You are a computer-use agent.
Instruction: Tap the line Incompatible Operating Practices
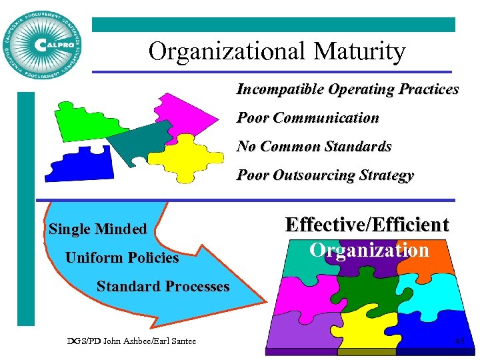point(347,89)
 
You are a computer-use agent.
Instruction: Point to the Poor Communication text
point(308,118)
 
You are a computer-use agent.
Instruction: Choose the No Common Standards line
point(314,147)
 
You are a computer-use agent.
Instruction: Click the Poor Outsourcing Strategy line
point(325,176)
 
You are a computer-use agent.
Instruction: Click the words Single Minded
point(97,229)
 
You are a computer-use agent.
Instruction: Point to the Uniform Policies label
point(122,258)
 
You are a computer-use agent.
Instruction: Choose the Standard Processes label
point(163,287)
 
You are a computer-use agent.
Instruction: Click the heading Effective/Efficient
point(367,225)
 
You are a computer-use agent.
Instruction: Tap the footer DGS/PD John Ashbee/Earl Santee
point(131,341)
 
